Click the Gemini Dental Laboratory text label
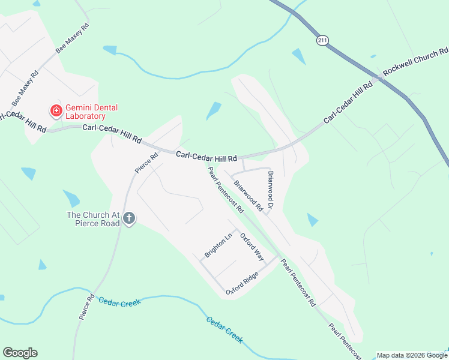(91, 112)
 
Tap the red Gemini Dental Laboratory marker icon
(56, 110)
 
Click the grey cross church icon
(129, 219)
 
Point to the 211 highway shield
(323, 40)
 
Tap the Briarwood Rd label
(248, 196)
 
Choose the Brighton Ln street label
(218, 245)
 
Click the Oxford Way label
(252, 247)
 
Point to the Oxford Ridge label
(242, 283)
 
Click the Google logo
(20, 353)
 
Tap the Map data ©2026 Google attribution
(412, 355)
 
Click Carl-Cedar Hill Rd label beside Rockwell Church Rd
(348, 104)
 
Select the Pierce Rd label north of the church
(146, 163)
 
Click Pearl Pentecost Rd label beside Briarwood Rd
(225, 190)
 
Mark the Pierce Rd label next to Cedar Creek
(87, 306)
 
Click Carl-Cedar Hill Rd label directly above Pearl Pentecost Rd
(206, 155)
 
